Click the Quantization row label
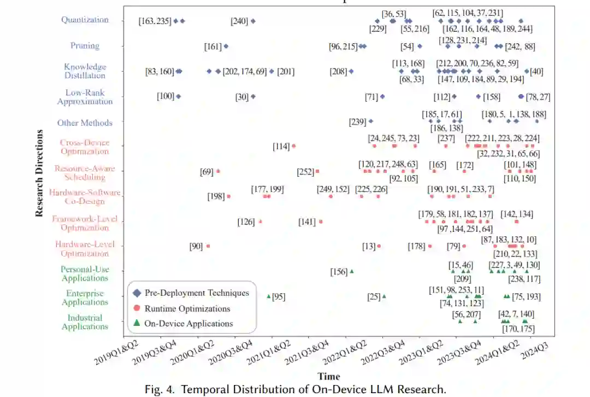(x=85, y=20)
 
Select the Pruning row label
(x=85, y=46)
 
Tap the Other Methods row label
(x=85, y=123)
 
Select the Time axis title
(x=328, y=376)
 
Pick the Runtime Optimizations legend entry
(x=187, y=308)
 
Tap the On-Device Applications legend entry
(x=188, y=324)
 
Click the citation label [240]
(x=239, y=21)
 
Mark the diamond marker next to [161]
(x=226, y=46)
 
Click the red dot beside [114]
(x=294, y=146)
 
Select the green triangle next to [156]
(x=352, y=271)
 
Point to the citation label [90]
(x=196, y=246)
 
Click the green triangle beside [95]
(x=269, y=296)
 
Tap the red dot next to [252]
(x=317, y=171)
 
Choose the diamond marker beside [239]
(x=371, y=121)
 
